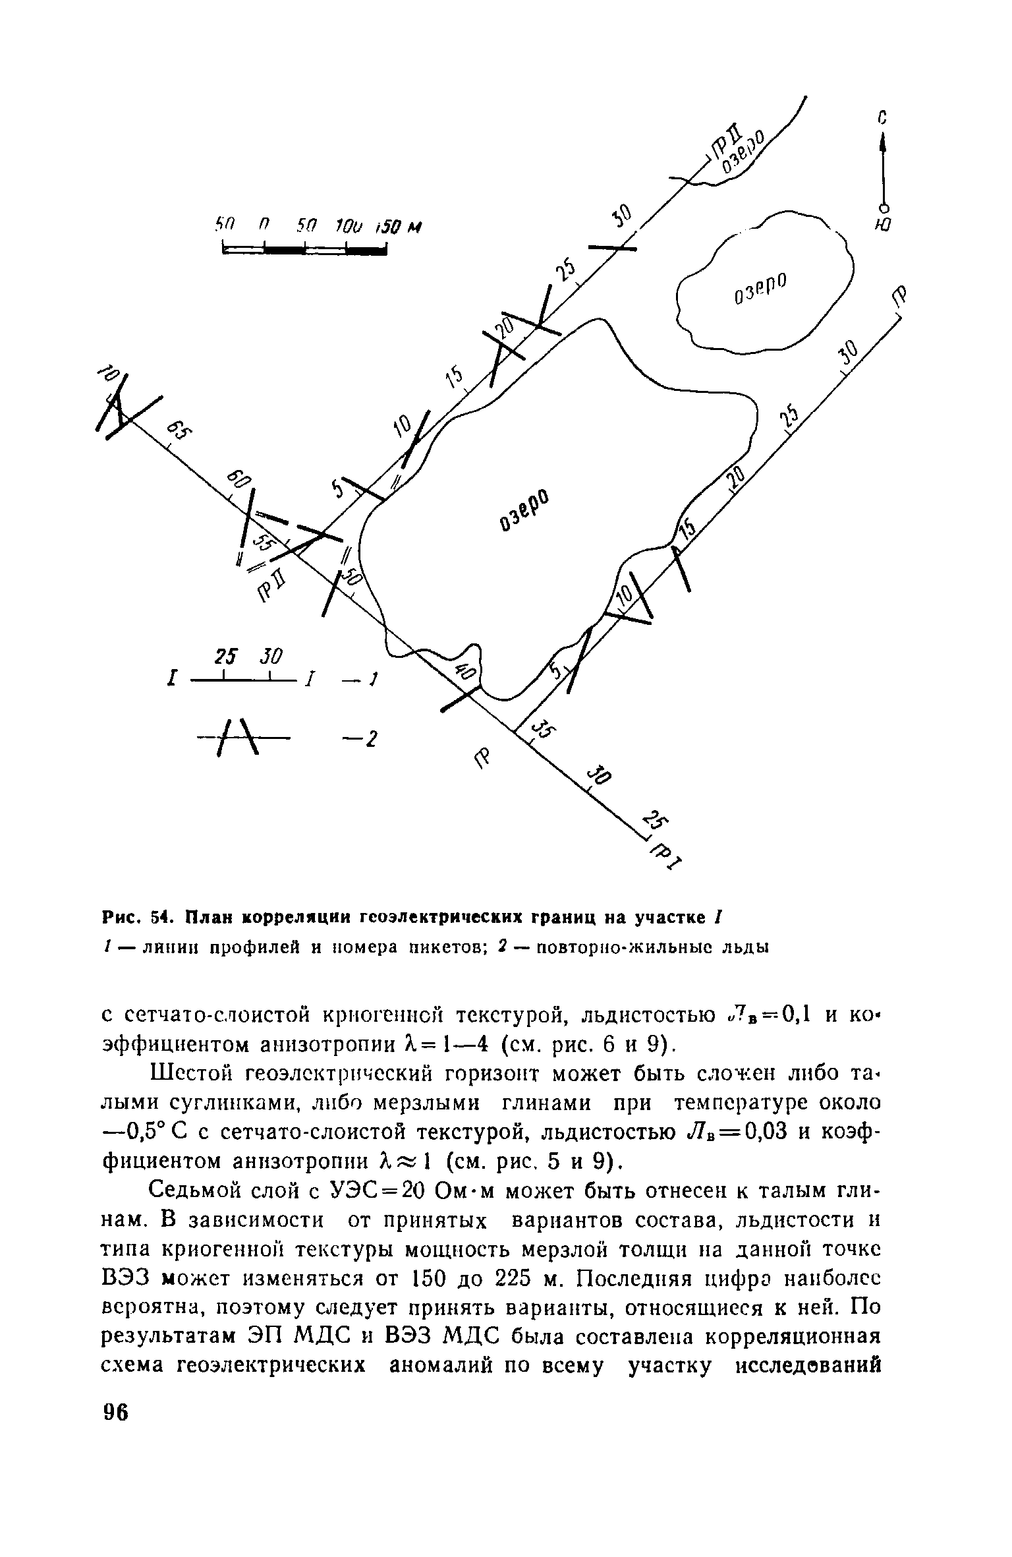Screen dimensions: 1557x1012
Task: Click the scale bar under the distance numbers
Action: (304, 249)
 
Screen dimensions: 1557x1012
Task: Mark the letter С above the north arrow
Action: (884, 118)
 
